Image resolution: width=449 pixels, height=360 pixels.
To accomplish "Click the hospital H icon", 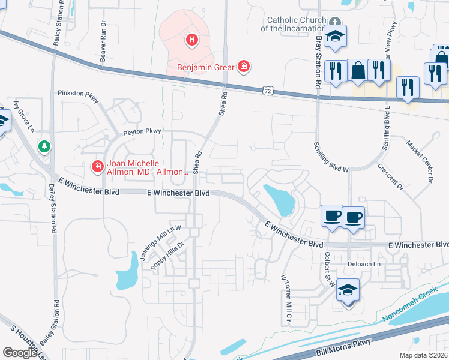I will click(192, 40).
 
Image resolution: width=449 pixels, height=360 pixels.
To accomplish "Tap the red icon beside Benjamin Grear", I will click(244, 67).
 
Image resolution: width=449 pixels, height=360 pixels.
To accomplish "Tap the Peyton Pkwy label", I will click(142, 131).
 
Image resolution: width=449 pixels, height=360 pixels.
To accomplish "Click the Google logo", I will click(20, 352).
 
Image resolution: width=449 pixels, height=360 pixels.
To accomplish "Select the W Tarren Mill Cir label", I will click(286, 296).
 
